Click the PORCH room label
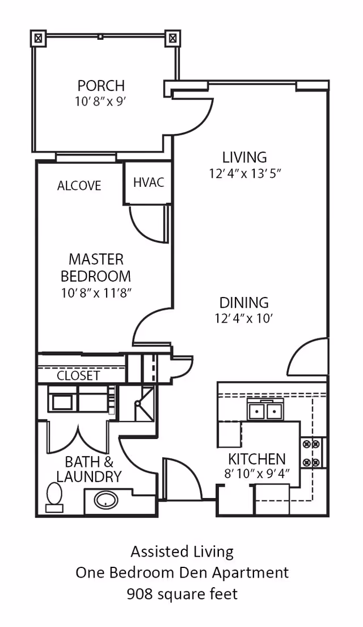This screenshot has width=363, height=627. [x=101, y=86]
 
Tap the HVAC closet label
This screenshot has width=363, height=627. [x=149, y=182]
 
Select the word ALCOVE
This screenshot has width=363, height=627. [x=79, y=186]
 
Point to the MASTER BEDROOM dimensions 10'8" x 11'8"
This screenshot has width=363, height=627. [x=96, y=293]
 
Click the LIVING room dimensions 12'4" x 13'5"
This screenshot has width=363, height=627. [x=246, y=174]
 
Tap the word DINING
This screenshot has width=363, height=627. [x=244, y=302]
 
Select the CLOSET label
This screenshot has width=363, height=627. [x=78, y=376]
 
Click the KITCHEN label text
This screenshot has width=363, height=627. [x=257, y=459]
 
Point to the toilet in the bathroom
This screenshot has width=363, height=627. [x=54, y=497]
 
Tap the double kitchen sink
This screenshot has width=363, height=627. [x=263, y=411]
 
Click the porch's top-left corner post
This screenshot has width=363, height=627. [x=38, y=39]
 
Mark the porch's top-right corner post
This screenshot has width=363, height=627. [x=172, y=39]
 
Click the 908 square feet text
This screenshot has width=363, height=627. [x=182, y=594]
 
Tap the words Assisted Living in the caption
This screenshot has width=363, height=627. [x=182, y=552]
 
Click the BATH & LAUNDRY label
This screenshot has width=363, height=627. [x=88, y=469]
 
